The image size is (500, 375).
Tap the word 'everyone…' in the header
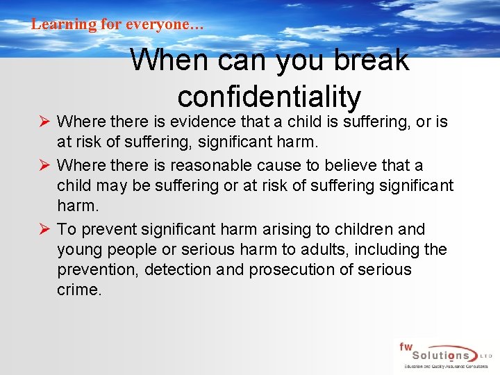[x=165, y=24]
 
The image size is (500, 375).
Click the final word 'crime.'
[x=79, y=290]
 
